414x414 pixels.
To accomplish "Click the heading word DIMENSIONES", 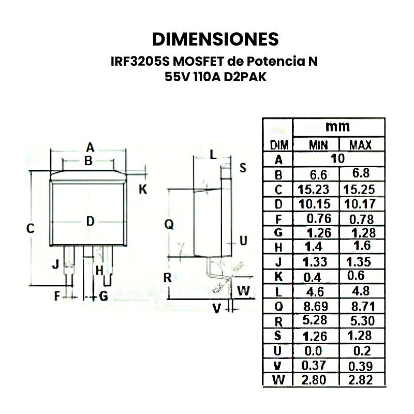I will click(215, 39).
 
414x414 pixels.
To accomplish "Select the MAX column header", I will click(361, 145).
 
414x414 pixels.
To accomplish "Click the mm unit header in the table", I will click(337, 126).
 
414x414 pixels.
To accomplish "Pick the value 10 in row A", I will click(337, 159).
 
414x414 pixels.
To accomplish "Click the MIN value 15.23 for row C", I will click(314, 188).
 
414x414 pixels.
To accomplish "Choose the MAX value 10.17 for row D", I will click(361, 203).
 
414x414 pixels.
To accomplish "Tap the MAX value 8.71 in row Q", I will click(361, 305).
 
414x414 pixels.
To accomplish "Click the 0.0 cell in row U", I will click(314, 351).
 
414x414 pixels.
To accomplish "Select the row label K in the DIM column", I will click(278, 276).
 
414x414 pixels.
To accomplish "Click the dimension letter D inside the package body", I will click(91, 221).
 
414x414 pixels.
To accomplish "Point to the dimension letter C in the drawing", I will click(31, 228).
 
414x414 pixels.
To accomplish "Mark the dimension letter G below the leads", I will click(103, 297).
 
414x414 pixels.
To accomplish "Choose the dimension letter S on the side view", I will click(243, 168).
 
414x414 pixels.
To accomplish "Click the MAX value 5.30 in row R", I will click(361, 321).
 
